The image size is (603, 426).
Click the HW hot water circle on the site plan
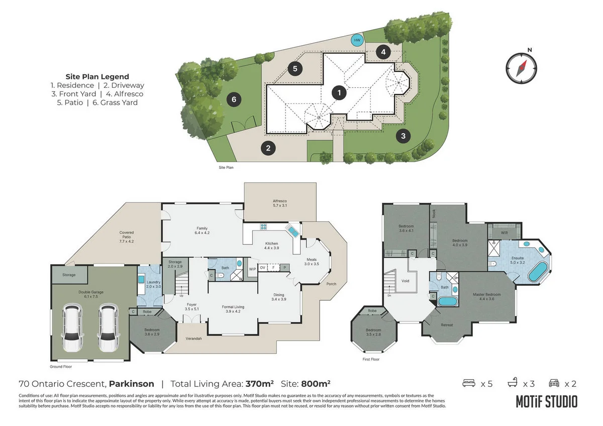point(357,40)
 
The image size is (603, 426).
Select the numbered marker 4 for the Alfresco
point(383,52)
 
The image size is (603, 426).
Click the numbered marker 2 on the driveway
point(268,148)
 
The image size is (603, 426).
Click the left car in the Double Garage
point(72,330)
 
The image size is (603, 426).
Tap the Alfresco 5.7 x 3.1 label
point(279,203)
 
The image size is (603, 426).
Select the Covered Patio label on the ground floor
point(127,237)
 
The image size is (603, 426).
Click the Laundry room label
point(153,284)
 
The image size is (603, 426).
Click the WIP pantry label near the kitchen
point(252,269)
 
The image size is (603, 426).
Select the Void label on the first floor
point(406,281)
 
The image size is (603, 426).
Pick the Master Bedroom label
point(486,297)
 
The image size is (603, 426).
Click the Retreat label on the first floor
point(447,325)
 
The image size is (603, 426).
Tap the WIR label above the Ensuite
point(504,233)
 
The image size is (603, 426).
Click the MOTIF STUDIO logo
point(546,401)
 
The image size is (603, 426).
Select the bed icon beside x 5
point(469,384)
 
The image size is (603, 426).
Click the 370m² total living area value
point(259,384)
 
